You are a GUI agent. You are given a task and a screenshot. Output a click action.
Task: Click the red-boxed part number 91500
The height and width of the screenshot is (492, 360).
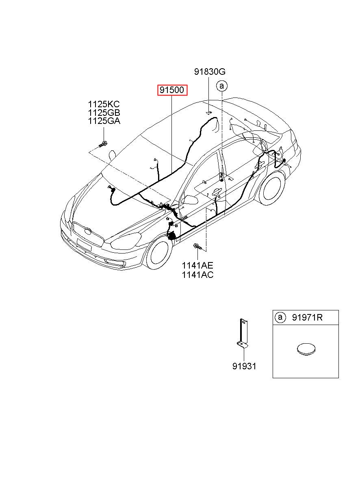pos(172,90)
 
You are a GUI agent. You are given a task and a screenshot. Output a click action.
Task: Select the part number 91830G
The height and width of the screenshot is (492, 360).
pos(209,72)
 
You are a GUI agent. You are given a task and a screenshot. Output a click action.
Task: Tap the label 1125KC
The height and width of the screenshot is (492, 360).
pos(104,104)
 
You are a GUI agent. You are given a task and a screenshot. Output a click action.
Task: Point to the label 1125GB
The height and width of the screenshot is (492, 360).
pos(104,113)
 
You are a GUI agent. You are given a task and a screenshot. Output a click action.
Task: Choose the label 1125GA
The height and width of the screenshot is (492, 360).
pos(104,121)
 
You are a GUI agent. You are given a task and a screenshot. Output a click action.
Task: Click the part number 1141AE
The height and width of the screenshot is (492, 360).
pos(197,266)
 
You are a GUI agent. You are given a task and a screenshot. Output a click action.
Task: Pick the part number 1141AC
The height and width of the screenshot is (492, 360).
pos(197,275)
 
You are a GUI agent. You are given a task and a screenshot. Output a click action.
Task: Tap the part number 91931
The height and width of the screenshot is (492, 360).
pos(244,366)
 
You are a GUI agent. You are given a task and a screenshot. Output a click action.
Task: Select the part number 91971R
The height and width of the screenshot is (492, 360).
pos(307,318)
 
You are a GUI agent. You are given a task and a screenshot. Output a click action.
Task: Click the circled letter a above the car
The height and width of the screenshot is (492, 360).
pos(222,86)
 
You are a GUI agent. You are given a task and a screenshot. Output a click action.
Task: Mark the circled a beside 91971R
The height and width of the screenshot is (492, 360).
pos(280,318)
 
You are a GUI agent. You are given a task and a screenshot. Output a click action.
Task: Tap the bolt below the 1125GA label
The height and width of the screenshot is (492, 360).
pos(103,144)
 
